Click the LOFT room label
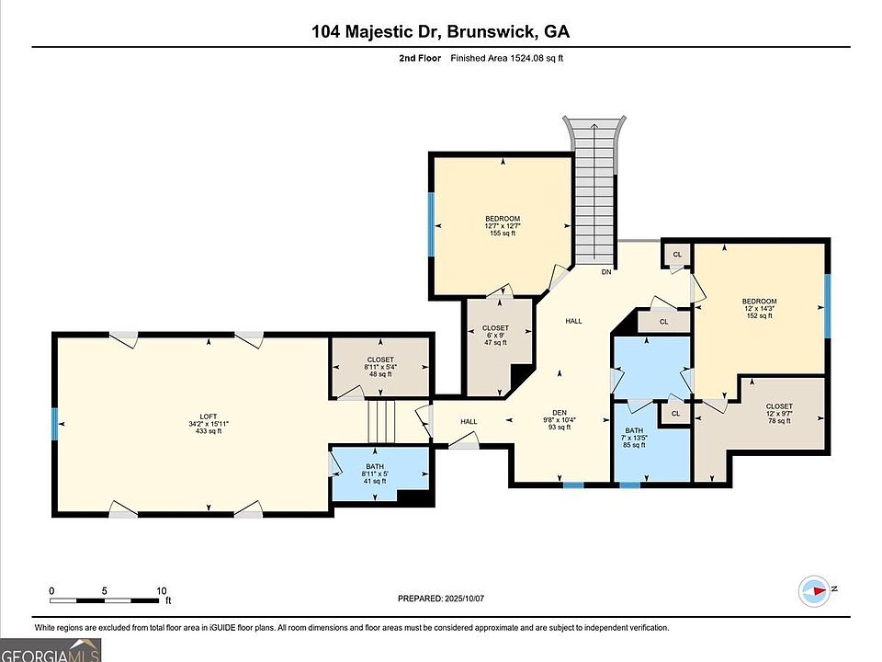209,417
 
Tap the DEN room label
560,412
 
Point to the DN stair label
605,272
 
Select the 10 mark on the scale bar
162,591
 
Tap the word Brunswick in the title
490,31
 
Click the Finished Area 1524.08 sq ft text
506,57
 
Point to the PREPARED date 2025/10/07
463,599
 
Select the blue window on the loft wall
55,424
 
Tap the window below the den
573,485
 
